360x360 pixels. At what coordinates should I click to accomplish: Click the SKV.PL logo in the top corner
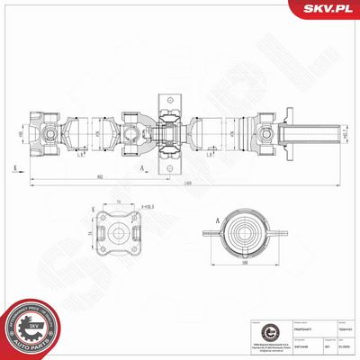pos(328,9)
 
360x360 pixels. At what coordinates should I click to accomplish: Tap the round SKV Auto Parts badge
pos(31,326)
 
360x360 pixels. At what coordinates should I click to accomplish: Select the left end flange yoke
pos(40,135)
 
